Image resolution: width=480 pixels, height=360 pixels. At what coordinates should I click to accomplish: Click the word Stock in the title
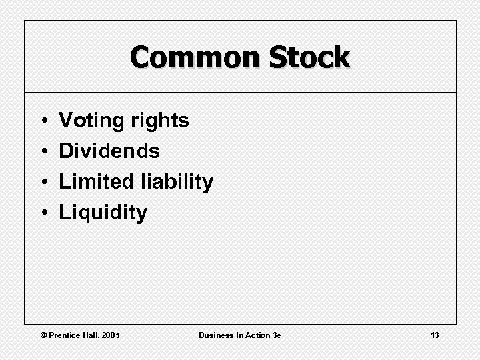(309, 57)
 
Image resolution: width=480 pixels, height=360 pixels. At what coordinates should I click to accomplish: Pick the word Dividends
(109, 151)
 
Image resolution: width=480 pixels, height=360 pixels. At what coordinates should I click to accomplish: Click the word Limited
(97, 181)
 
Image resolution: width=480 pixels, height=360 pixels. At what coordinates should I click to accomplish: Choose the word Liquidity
(103, 213)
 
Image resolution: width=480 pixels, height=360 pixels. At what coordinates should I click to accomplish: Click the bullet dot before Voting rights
(42, 121)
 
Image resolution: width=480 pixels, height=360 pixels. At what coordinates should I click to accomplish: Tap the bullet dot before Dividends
(42, 151)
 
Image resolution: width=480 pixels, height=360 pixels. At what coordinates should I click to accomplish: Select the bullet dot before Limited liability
(42, 182)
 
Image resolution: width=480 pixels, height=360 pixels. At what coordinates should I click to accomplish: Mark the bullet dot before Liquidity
(42, 213)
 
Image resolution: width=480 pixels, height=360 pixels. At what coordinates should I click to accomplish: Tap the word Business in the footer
(215, 335)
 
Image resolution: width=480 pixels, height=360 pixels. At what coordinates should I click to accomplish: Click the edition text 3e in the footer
(277, 335)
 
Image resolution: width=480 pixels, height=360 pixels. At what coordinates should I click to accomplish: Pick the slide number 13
(435, 335)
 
